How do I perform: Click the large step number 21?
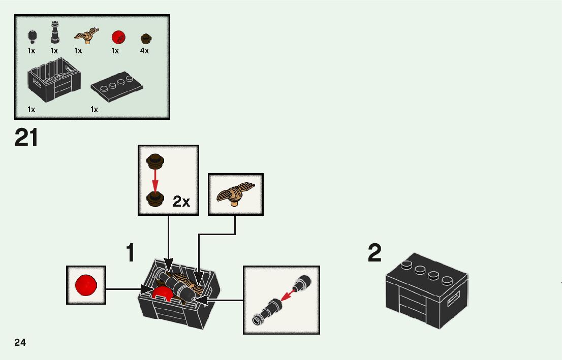tap(26, 138)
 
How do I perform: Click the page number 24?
tap(20, 342)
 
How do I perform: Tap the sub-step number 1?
tap(131, 253)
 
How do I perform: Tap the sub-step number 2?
tap(374, 253)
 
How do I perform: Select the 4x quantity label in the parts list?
tap(145, 51)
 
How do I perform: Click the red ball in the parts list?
tap(118, 37)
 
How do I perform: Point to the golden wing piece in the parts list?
tap(86, 36)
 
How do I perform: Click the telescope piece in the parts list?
tap(54, 33)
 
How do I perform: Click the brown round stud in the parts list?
tap(146, 38)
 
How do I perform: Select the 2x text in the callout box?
tap(181, 202)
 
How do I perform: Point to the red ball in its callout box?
tap(85, 285)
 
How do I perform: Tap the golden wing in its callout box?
tap(235, 193)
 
